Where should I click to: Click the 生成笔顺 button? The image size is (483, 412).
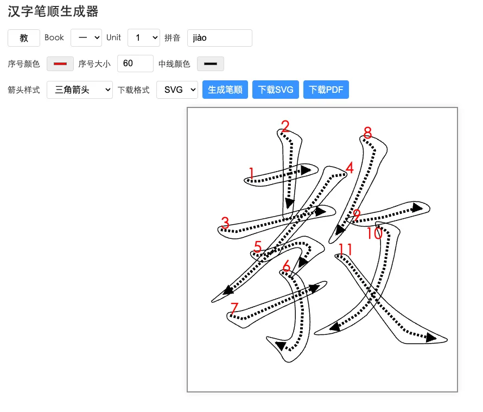[225, 90]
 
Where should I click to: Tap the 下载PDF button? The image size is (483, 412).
[326, 90]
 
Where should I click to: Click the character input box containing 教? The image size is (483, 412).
[24, 38]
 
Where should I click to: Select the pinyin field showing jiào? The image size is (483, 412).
[219, 38]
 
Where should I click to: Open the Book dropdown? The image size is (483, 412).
[86, 38]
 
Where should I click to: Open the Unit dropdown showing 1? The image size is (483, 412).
[143, 38]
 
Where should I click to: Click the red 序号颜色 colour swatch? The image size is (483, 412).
[60, 64]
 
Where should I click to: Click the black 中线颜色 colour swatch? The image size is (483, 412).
[210, 64]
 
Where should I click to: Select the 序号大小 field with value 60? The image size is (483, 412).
[135, 64]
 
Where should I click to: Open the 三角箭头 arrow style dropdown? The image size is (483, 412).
[79, 90]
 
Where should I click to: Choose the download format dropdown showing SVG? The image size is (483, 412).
[177, 90]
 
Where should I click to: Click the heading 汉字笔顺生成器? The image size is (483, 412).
[53, 11]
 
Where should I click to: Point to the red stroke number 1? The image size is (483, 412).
[251, 173]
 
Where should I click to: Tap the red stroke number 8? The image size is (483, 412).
[367, 132]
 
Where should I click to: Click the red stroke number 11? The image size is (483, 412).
[345, 250]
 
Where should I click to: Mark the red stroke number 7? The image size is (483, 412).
[234, 309]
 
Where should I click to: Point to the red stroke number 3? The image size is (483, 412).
[225, 223]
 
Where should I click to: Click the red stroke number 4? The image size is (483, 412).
[349, 168]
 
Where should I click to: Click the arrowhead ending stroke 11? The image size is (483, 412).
[431, 338]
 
